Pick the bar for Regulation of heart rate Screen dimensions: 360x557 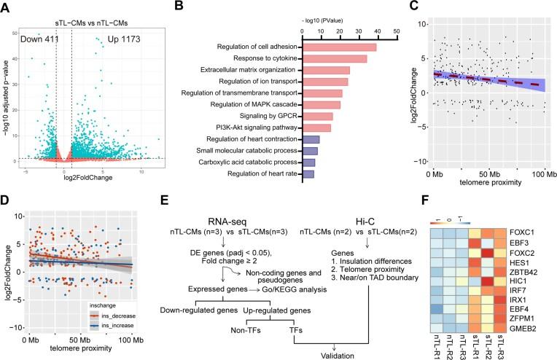[308, 173]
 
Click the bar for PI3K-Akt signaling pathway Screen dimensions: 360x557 [316, 128]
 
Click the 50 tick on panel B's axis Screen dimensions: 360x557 [394, 32]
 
